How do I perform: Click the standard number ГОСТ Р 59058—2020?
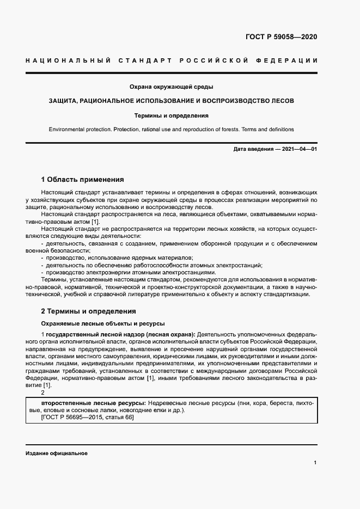pos(281,38)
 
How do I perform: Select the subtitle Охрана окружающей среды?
pos(171,87)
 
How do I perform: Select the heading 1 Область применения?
pos(83,179)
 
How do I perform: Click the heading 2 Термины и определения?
pos(88,311)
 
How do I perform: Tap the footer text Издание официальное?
pos(57,453)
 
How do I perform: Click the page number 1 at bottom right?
pos(315,462)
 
